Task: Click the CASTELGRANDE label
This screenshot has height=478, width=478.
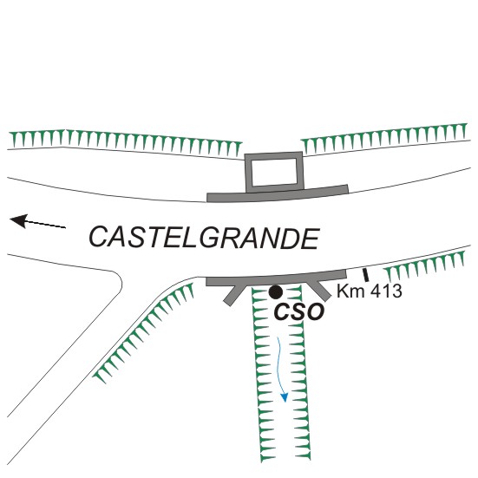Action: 204,238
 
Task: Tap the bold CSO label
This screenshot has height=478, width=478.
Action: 298,311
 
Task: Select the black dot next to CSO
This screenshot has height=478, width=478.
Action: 276,292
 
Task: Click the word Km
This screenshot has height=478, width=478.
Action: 350,291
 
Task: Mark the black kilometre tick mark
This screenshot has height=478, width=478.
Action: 365,275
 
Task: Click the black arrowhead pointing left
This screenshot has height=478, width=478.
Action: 19,220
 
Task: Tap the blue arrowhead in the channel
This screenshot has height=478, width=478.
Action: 285,397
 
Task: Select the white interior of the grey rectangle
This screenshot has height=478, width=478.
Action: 274,172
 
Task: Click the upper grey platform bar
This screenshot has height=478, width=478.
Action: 278,193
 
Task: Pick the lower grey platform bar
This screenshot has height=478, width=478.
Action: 276,278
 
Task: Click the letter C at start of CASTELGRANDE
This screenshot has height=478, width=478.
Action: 99,237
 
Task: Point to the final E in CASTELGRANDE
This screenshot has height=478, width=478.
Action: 309,239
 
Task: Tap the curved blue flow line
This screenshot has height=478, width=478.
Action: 281,366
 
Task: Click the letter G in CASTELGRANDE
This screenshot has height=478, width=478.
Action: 210,237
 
